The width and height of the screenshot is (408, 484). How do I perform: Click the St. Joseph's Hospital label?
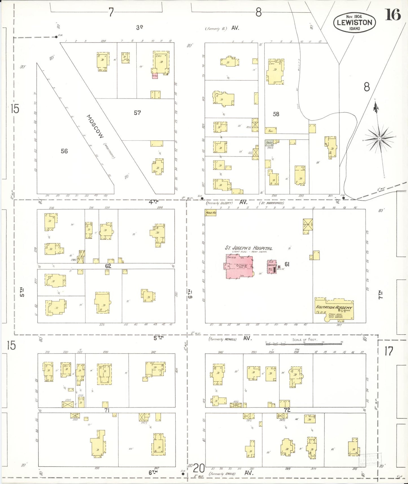[248, 248]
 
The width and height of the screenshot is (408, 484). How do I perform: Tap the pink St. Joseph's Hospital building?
[239, 266]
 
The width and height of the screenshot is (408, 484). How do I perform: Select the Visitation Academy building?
[334, 309]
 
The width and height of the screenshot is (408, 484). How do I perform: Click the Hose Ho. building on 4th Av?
[211, 213]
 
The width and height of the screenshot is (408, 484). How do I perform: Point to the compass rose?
[379, 138]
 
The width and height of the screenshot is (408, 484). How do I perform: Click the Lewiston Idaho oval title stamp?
[354, 22]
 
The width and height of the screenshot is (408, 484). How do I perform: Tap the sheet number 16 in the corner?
[392, 15]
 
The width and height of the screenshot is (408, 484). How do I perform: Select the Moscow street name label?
[95, 126]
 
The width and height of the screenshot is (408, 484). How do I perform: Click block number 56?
[64, 151]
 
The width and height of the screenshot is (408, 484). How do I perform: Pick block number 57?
[137, 113]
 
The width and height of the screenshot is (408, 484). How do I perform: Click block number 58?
[276, 114]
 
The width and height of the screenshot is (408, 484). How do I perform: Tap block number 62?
[108, 266]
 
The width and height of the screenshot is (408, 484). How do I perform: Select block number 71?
[107, 410]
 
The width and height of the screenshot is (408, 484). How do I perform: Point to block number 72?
[287, 410]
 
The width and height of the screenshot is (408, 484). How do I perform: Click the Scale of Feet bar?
[304, 344]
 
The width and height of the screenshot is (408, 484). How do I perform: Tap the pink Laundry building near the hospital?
[272, 267]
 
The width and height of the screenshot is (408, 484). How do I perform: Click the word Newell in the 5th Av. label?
[230, 339]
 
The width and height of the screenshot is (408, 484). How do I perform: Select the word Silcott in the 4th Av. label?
[227, 203]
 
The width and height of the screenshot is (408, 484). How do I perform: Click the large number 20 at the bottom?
[198, 468]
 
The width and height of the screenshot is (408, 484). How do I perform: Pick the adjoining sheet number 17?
[389, 351]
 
